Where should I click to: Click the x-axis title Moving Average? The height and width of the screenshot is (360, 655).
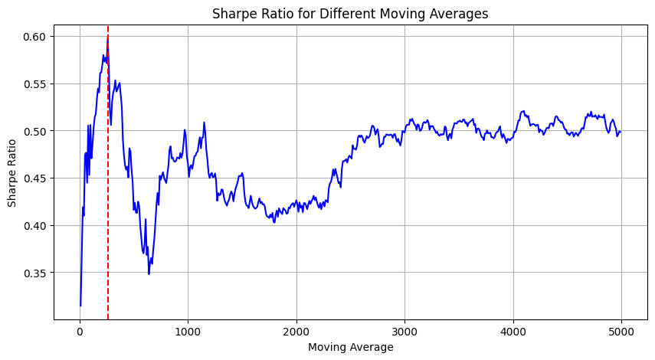350,347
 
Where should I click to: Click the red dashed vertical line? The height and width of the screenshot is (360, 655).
108,230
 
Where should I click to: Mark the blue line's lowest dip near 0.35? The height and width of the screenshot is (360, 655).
149,273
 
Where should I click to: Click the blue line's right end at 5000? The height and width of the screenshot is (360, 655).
621,132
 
